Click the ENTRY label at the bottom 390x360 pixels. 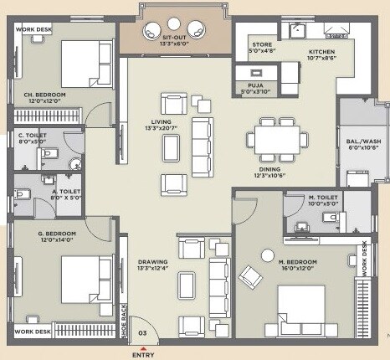point(143,354)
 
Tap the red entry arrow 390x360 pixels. point(143,343)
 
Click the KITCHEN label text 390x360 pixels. point(321,51)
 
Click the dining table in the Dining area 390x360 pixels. point(276,138)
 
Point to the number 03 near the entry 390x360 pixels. point(142,332)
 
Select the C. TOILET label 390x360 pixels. point(32,135)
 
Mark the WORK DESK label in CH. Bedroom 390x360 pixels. point(32,28)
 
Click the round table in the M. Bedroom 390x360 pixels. point(267,255)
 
